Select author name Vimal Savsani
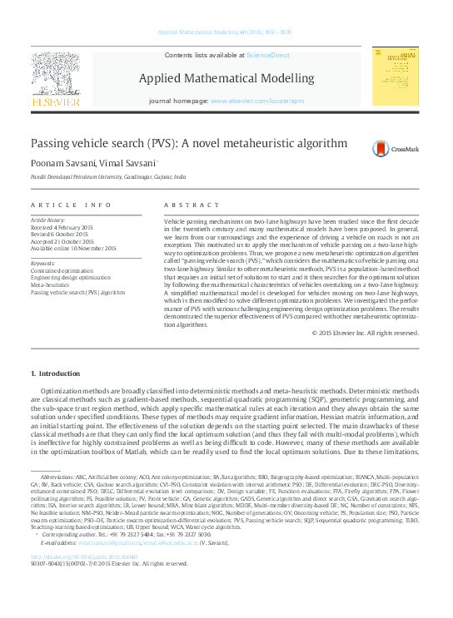pos(127,165)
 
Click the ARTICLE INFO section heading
pos(71,205)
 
